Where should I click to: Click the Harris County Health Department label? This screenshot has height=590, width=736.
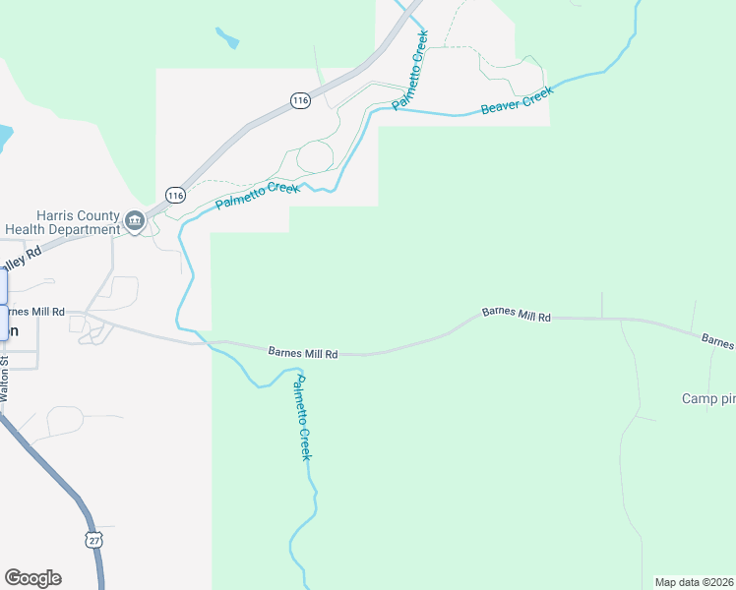(62, 223)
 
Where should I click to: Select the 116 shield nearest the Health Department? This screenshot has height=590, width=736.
(175, 195)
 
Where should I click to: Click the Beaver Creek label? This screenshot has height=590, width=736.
(518, 100)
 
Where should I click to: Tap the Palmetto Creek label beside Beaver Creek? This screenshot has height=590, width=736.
(411, 71)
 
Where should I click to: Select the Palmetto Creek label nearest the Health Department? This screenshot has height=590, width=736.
(257, 192)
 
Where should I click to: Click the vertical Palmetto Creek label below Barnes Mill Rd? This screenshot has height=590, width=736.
(303, 418)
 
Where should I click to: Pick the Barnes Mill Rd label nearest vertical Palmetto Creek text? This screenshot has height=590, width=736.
(303, 352)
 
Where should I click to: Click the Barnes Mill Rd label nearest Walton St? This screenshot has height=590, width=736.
(33, 311)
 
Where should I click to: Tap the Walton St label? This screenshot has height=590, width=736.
(5, 380)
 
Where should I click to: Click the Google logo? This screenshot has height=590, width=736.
(32, 578)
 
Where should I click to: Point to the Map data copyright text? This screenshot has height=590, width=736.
(694, 582)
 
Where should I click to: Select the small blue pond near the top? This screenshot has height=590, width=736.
(227, 38)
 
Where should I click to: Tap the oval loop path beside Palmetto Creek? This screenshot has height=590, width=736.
(315, 156)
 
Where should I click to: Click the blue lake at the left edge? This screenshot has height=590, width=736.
(4, 139)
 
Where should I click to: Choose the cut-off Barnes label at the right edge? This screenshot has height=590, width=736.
(718, 341)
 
